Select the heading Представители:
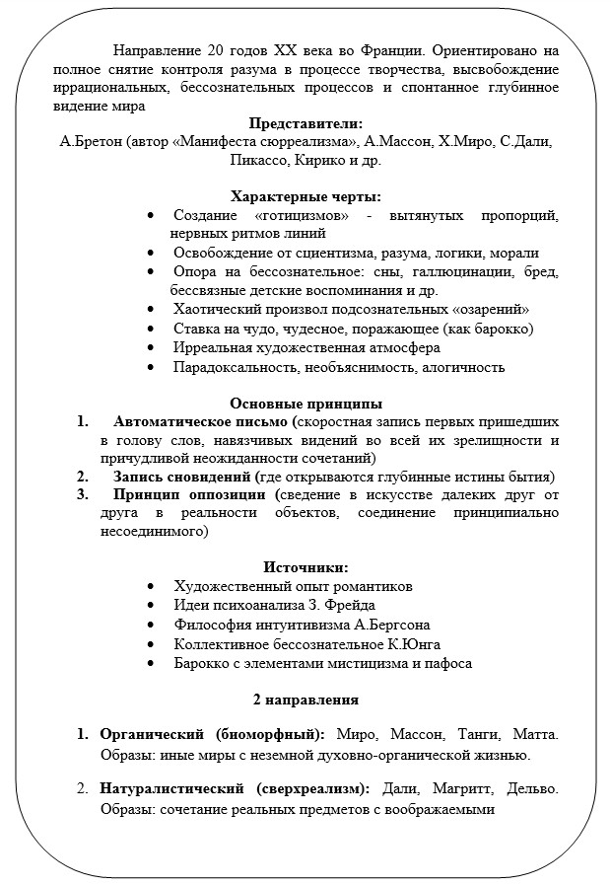[305, 123]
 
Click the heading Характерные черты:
[305, 196]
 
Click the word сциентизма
[331, 253]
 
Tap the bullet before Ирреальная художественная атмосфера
[150, 348]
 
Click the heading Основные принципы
[305, 403]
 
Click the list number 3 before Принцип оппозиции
[83, 494]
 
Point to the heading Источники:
[305, 567]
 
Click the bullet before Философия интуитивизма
[150, 625]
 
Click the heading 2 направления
[305, 700]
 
